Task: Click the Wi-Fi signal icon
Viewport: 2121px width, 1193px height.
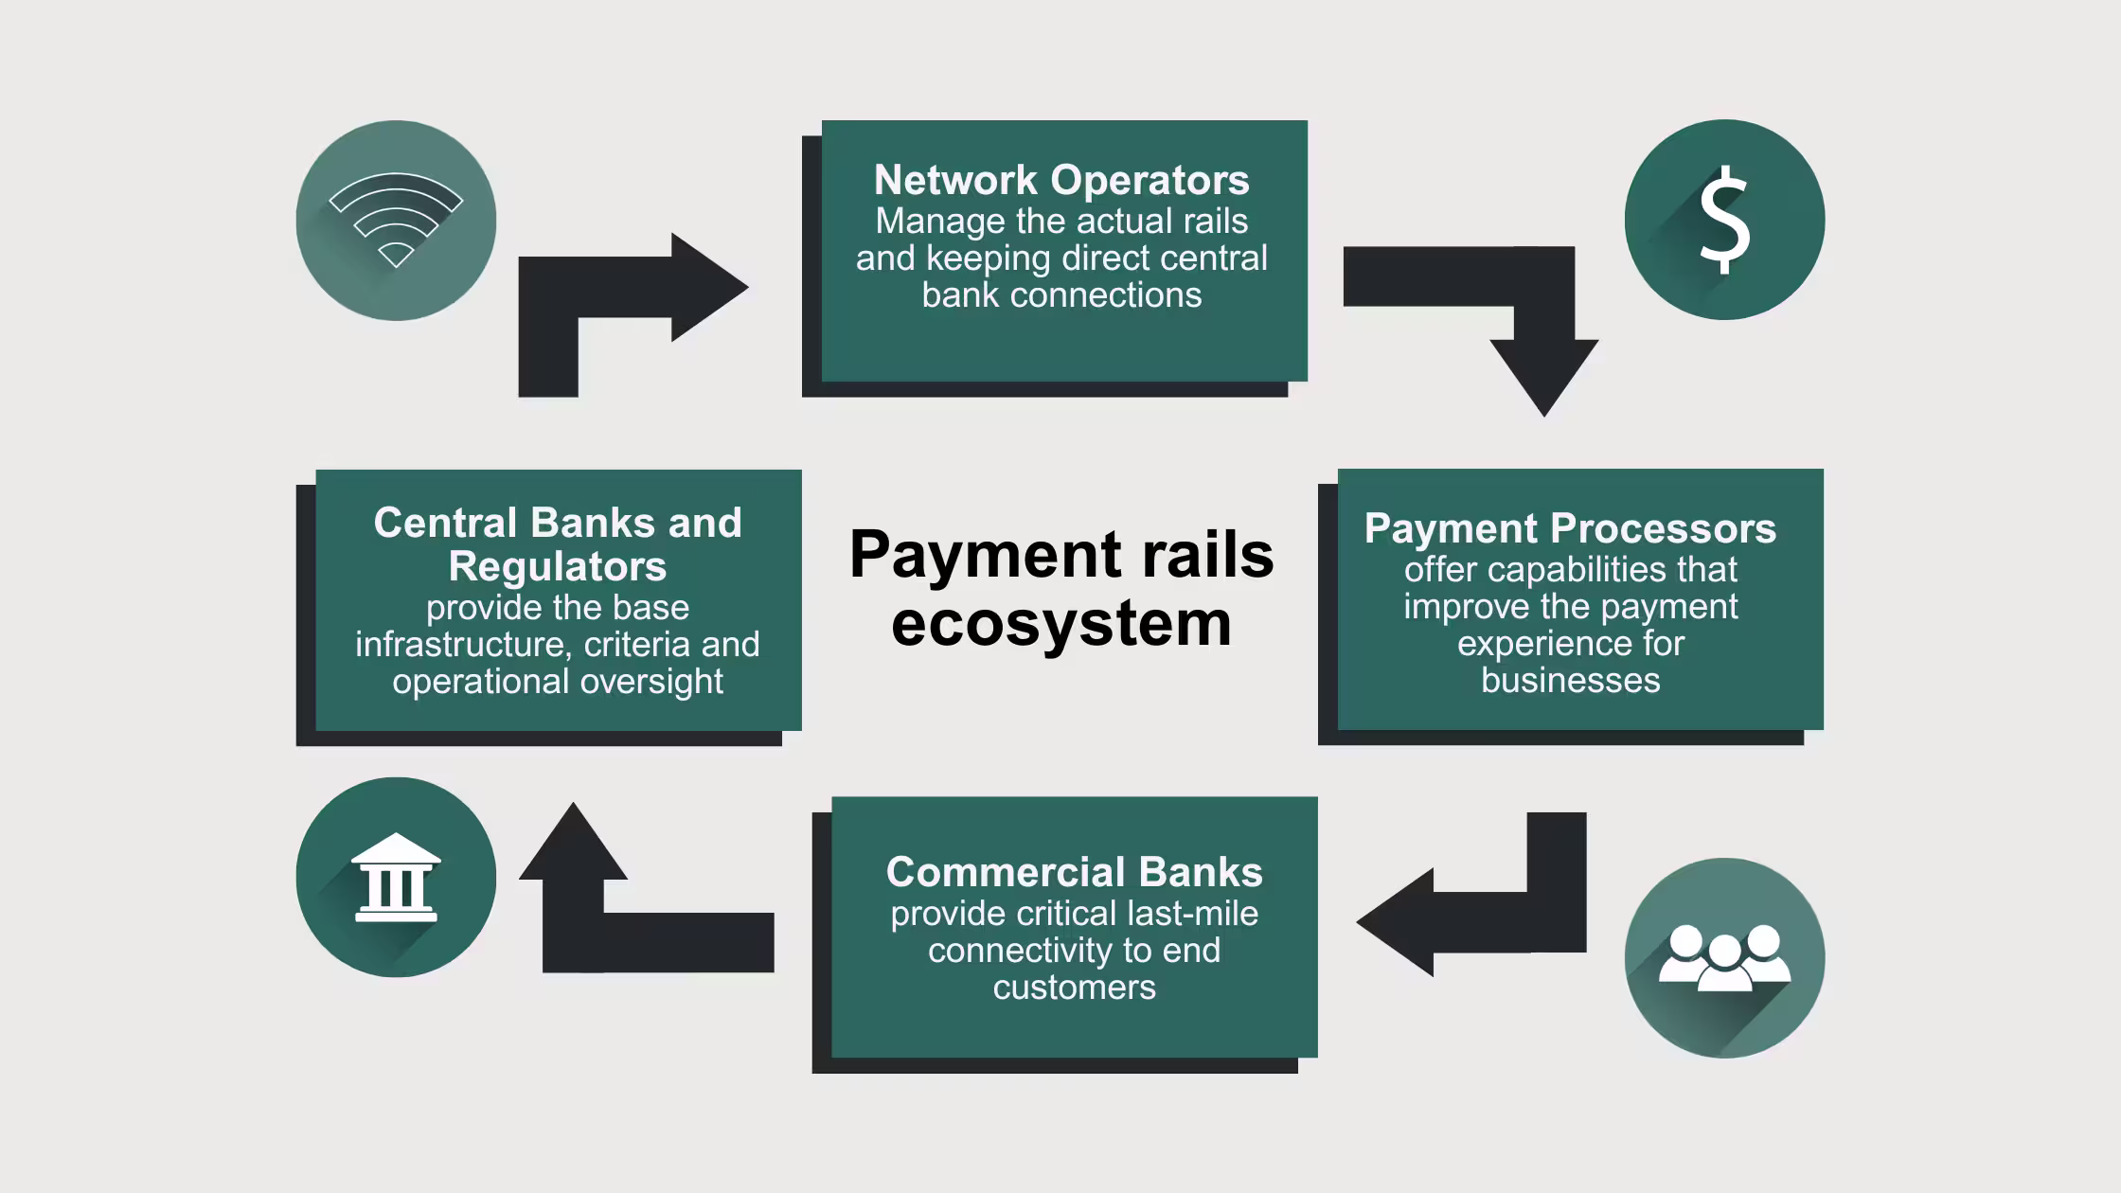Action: tap(396, 221)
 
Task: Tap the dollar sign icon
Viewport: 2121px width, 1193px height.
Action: tap(1724, 221)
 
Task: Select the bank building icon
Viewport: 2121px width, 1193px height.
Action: tap(396, 878)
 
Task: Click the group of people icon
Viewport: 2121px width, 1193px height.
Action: tap(1724, 958)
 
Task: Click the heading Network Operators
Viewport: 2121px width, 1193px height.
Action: tap(1061, 180)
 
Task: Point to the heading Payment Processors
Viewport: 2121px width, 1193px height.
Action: tap(1570, 528)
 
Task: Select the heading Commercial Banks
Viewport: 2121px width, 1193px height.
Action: tap(1074, 872)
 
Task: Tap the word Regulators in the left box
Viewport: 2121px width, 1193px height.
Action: tap(557, 566)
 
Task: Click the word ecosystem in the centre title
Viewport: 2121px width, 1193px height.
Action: tap(1061, 624)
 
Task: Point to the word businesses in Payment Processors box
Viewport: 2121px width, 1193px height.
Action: tap(1570, 681)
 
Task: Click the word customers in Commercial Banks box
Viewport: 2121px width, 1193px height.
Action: tap(1074, 988)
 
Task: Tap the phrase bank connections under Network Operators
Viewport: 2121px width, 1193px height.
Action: tap(1061, 295)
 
